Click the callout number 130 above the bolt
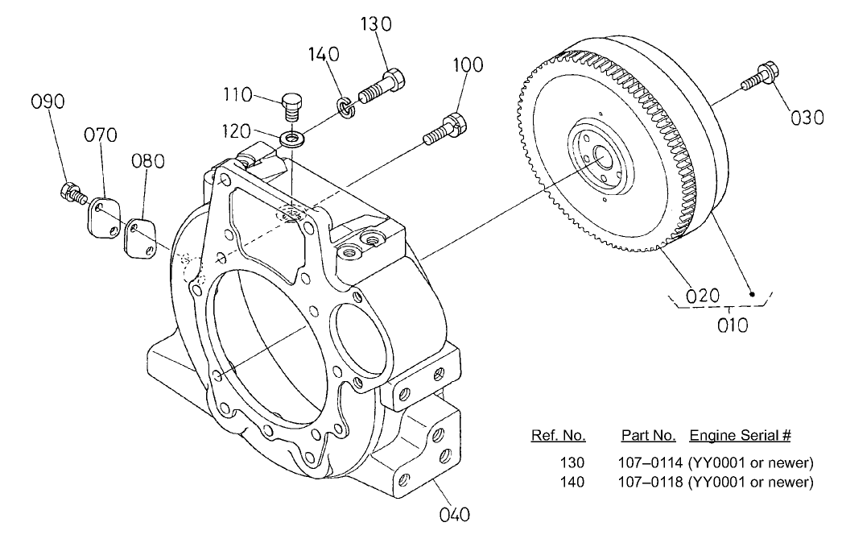coord(375,24)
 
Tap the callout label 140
coord(324,55)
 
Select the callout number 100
coord(468,64)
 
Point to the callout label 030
coord(807,118)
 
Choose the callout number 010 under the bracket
coord(733,325)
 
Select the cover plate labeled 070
coord(102,214)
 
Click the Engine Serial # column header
coord(740,436)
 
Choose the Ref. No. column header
coord(558,436)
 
